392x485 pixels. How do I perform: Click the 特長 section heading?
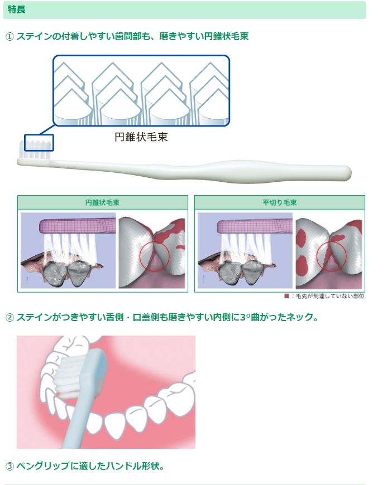point(16,9)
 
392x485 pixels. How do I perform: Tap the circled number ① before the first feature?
point(10,37)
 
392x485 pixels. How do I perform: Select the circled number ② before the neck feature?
point(10,318)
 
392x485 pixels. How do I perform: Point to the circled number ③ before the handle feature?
point(10,466)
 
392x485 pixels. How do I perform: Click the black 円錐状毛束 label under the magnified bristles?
point(141,137)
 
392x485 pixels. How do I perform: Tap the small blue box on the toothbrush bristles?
point(39,143)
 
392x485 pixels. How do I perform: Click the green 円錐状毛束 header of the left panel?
point(102,202)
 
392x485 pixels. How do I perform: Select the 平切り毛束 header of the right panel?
point(280,202)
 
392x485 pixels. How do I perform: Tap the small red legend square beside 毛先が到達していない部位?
point(286,296)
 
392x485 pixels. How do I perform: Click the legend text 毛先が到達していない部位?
point(330,297)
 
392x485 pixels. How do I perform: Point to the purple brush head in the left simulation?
point(78,226)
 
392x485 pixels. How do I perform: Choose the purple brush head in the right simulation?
point(255,226)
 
